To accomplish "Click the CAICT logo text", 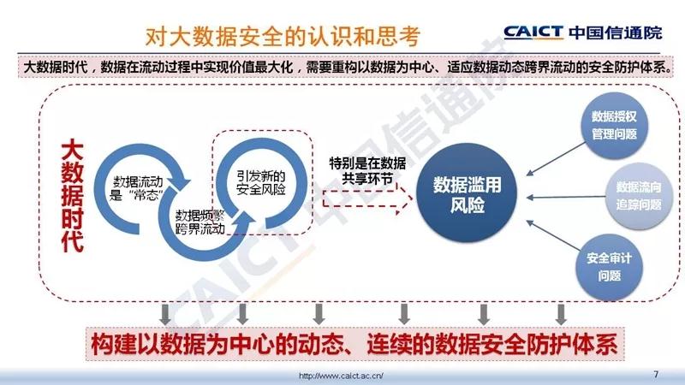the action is pyautogui.click(x=533, y=33).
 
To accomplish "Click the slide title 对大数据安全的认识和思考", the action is pyautogui.click(x=283, y=36).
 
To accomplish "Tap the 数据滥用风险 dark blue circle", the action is pyautogui.click(x=467, y=193).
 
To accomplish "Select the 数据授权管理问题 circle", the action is pyautogui.click(x=614, y=125).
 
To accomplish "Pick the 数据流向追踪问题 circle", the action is pyautogui.click(x=638, y=196).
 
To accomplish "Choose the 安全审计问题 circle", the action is pyautogui.click(x=609, y=267).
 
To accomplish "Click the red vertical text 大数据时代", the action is pyautogui.click(x=72, y=196).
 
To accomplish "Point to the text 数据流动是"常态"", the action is pyautogui.click(x=138, y=188).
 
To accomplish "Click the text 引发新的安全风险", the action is pyautogui.click(x=261, y=182).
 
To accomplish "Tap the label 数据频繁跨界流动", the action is pyautogui.click(x=200, y=222).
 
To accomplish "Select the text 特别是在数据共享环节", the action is pyautogui.click(x=367, y=170).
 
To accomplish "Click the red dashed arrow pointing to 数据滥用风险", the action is pyautogui.click(x=367, y=200).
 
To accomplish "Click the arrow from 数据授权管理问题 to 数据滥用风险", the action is pyautogui.click(x=556, y=159).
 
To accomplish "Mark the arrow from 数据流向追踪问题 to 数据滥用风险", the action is pyautogui.click(x=566, y=198).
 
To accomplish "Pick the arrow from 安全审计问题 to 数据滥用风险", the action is pyautogui.click(x=553, y=235).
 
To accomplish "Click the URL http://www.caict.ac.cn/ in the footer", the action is pyautogui.click(x=341, y=376).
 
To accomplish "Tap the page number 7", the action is pyautogui.click(x=656, y=374).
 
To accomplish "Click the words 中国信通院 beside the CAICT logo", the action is pyautogui.click(x=616, y=33).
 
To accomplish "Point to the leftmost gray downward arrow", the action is pyautogui.click(x=165, y=314).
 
